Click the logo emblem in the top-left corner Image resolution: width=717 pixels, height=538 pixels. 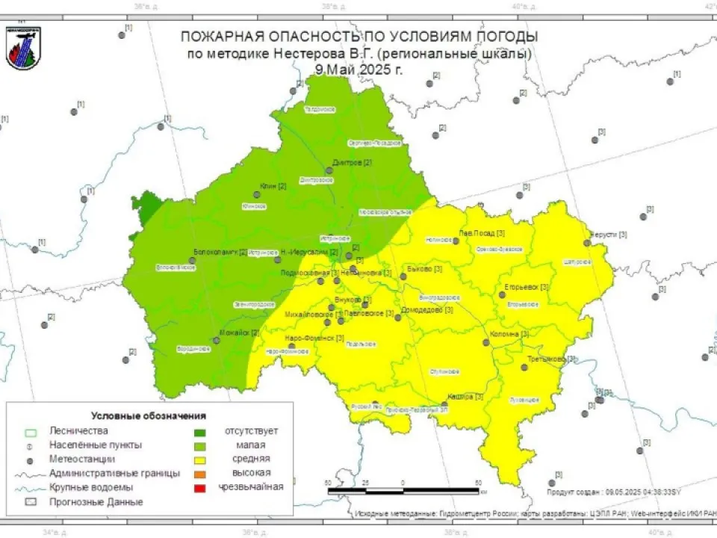23,49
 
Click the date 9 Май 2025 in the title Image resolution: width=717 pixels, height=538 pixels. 358,69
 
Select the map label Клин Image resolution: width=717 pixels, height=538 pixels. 267,186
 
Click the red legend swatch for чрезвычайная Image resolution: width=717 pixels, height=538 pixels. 199,487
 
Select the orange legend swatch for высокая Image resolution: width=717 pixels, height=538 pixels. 199,473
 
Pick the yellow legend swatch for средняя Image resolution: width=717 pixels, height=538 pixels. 199,459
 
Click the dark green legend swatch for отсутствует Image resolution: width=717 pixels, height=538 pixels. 199,431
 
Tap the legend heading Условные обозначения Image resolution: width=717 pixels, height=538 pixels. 148,415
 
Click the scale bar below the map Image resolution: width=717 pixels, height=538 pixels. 403,491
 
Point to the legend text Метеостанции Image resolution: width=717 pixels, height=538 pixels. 81,459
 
